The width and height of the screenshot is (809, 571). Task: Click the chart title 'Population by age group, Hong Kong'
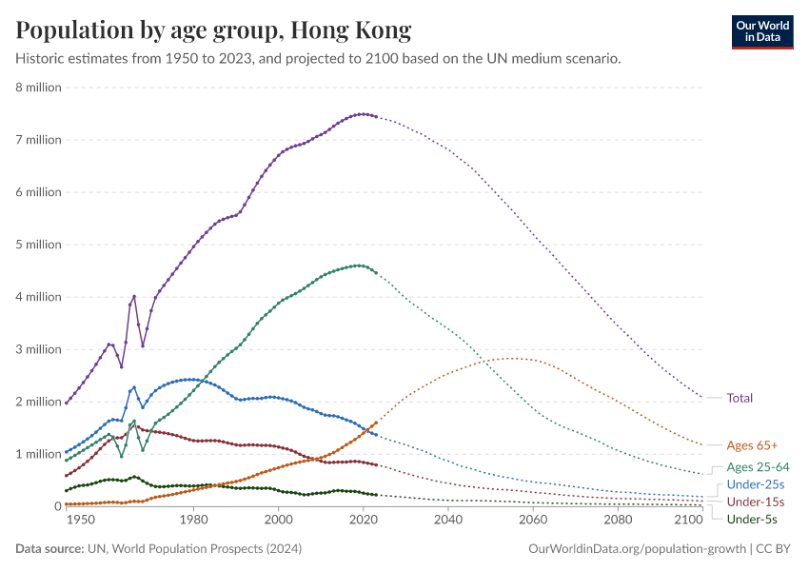point(214,30)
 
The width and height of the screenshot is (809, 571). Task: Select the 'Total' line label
point(740,398)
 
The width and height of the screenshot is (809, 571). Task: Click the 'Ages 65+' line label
point(752,444)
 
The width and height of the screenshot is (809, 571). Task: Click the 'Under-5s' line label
point(752,519)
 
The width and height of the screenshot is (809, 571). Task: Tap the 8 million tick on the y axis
point(38,88)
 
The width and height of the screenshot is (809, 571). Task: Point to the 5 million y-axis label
point(38,245)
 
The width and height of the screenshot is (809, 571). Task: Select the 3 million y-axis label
point(38,349)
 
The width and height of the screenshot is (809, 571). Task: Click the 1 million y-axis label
point(38,454)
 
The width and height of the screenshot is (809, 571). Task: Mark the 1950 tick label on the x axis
point(81,521)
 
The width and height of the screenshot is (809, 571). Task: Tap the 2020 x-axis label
point(363,521)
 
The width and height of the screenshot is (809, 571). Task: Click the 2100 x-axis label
point(687,521)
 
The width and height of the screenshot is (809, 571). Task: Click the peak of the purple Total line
point(362,114)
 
